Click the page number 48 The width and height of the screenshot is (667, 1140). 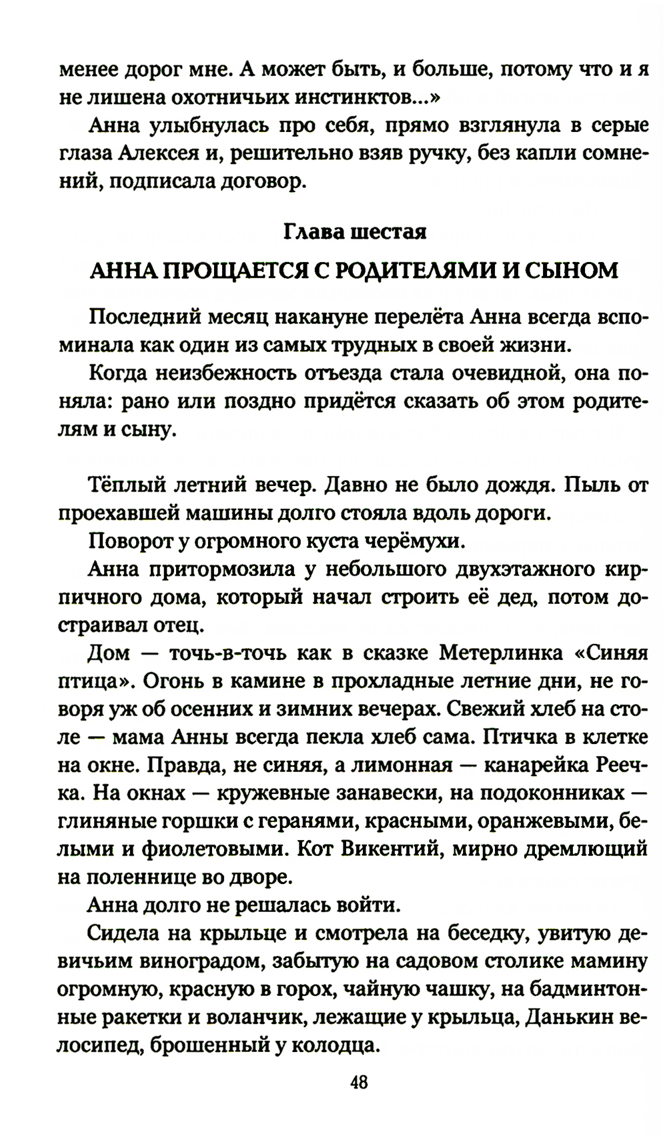pos(358,1081)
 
